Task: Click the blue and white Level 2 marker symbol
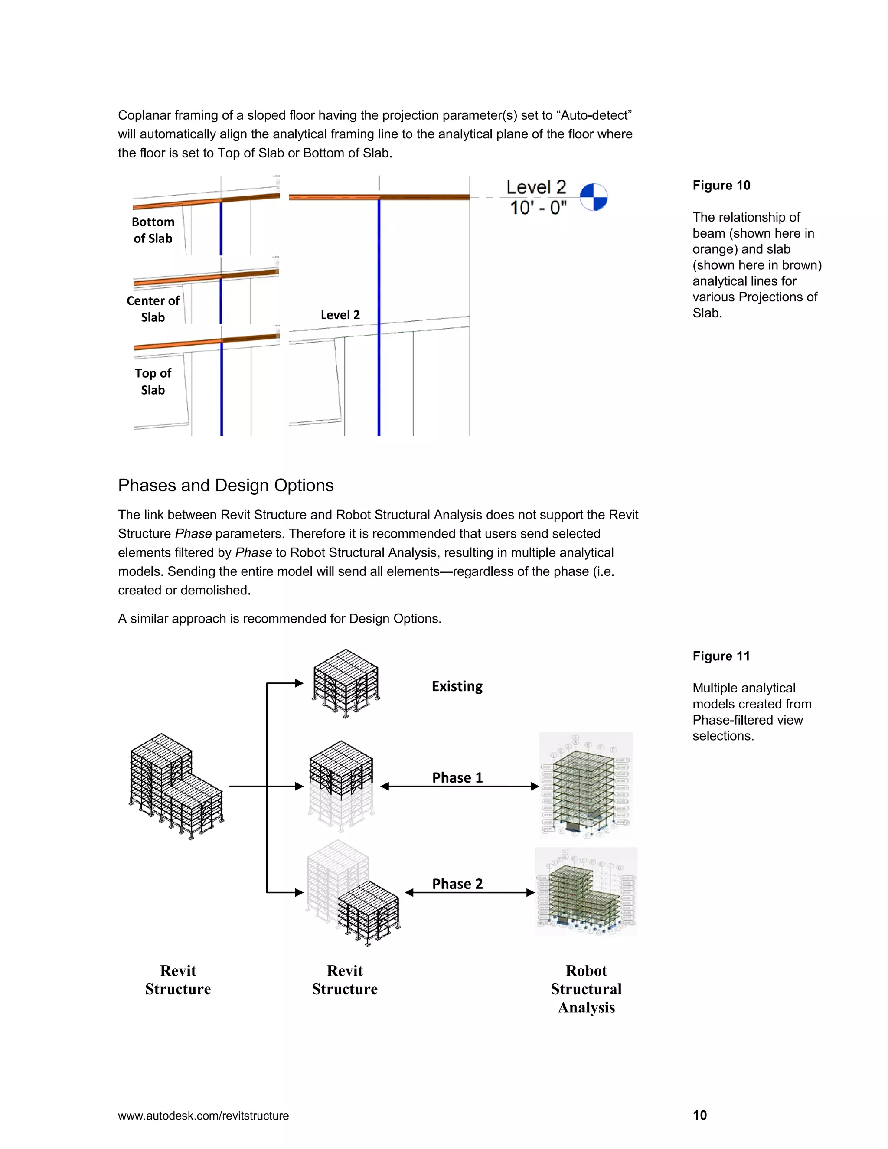coord(594,197)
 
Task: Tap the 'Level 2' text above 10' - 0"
coord(535,187)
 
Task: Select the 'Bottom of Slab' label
coord(153,230)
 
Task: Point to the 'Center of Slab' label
coord(153,309)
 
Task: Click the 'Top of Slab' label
coord(153,382)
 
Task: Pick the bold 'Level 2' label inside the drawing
coord(340,315)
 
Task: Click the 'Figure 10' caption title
coord(721,186)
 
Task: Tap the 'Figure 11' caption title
coord(721,656)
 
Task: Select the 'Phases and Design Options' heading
coord(225,485)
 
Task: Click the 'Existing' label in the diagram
coord(457,686)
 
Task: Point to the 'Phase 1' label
coord(457,777)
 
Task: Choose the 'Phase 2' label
coord(457,884)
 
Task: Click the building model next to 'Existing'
coord(346,683)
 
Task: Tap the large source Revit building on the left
coord(176,786)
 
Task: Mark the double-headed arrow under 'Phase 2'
coord(469,893)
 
